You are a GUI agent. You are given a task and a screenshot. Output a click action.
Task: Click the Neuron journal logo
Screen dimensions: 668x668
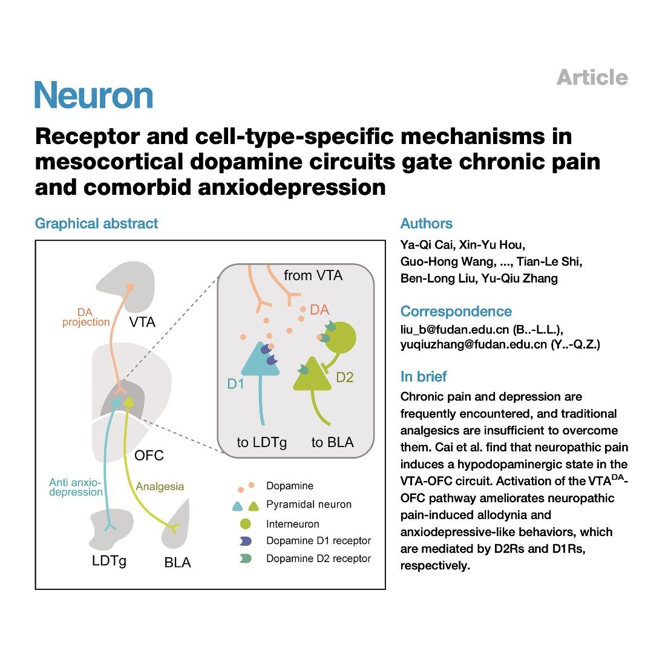pos(94,95)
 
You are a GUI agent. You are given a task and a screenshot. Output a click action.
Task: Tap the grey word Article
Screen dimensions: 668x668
pos(592,77)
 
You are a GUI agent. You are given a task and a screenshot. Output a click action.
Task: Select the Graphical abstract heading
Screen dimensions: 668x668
pos(96,224)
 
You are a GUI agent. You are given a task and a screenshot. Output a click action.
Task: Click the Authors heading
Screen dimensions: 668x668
pos(426,223)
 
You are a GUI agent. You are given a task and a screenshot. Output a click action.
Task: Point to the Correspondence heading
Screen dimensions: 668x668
pos(456,312)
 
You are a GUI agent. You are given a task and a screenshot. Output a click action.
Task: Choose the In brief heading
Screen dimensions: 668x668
pos(424,376)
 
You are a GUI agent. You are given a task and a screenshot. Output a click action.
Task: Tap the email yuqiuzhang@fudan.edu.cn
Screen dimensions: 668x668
pos(473,344)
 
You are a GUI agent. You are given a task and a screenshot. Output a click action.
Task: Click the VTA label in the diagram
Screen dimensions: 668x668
pos(142,322)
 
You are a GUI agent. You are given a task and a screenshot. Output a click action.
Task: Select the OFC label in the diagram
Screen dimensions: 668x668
pos(149,456)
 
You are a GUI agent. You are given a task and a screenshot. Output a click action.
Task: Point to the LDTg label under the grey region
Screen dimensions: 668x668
pos(109,561)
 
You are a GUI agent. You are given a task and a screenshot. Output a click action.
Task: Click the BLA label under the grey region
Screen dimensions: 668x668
pos(177,562)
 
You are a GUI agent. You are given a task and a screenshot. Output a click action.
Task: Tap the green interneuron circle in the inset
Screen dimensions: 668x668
pos(340,338)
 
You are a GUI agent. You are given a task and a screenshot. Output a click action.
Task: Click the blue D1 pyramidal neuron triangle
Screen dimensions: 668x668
pos(260,361)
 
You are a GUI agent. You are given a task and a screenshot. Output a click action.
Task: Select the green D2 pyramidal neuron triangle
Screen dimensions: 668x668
pos(312,375)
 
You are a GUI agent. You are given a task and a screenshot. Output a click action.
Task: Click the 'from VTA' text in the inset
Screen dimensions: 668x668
pos(313,276)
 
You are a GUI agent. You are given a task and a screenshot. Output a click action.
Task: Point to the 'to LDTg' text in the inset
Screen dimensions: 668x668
pos(261,443)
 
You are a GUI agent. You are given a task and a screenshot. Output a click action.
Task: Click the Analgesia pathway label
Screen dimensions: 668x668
pos(160,486)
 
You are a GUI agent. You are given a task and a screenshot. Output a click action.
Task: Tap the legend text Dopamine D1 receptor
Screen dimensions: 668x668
pos(318,540)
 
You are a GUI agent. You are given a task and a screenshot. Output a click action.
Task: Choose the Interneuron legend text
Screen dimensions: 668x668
pos(292,524)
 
